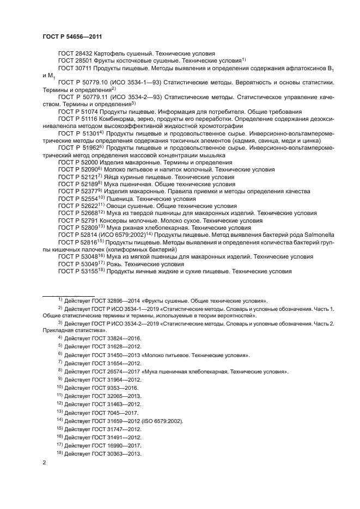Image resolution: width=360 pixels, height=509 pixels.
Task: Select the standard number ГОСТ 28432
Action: (x=75, y=53)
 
